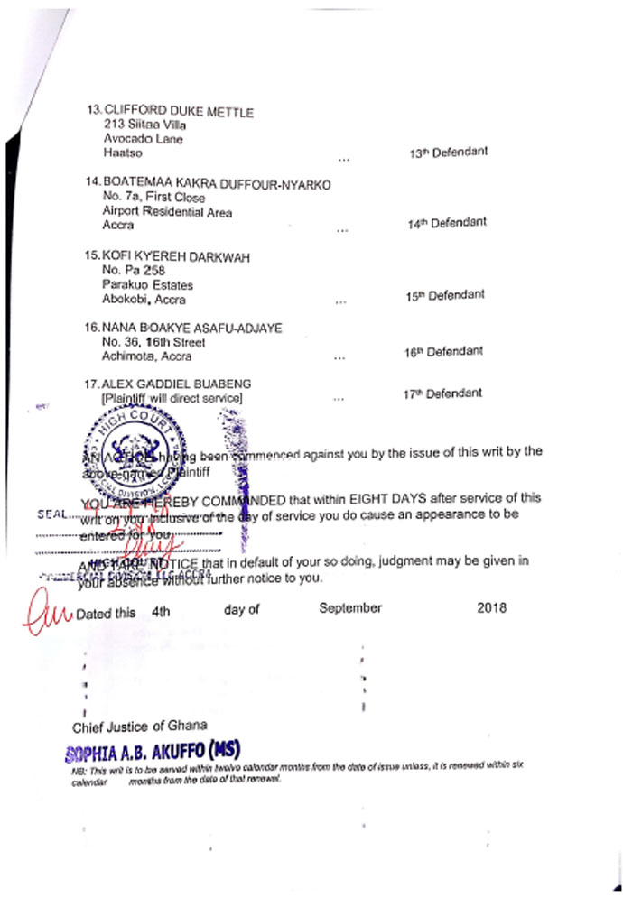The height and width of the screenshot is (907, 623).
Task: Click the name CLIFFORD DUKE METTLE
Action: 179,112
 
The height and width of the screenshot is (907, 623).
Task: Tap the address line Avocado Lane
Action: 143,140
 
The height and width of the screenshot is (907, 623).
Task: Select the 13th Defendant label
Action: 448,152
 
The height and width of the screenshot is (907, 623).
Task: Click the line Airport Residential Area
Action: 168,212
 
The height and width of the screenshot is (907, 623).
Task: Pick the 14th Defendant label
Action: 448,223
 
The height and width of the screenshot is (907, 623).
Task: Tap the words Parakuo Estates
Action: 148,285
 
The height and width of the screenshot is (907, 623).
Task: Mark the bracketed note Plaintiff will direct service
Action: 173,398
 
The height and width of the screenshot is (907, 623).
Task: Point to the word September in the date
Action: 350,608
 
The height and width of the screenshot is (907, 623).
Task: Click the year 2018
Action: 491,608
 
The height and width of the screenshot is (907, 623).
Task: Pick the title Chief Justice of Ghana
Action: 140,726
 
